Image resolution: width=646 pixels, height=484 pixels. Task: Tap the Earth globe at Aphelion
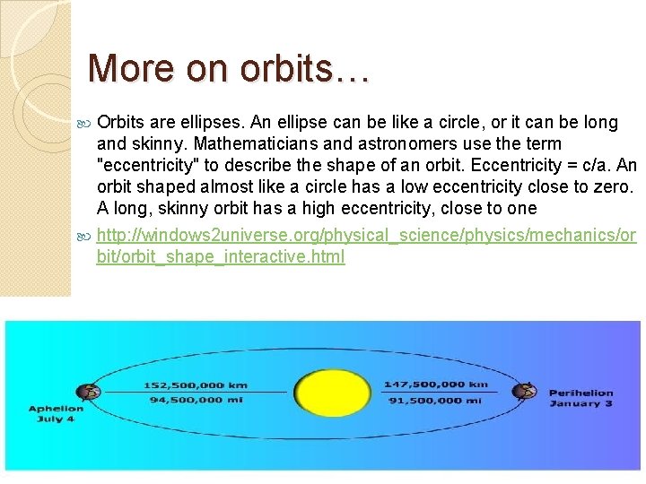[88, 392]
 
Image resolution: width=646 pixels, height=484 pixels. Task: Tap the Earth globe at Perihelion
[523, 391]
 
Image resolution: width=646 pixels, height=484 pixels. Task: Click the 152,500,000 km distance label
[196, 385]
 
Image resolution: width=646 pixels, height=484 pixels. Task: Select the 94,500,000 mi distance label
[196, 400]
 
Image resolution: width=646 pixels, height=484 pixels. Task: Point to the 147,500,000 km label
[436, 385]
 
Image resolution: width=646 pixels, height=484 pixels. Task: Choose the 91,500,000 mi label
[436, 400]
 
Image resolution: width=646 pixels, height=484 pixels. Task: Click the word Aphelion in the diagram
[56, 409]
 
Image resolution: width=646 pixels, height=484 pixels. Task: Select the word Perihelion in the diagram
[581, 393]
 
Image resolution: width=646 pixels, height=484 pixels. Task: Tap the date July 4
[56, 419]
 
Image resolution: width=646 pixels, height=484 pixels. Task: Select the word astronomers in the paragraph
[407, 143]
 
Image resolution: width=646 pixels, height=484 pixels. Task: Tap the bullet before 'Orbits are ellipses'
[84, 123]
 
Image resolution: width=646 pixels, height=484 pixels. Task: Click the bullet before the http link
[84, 236]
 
